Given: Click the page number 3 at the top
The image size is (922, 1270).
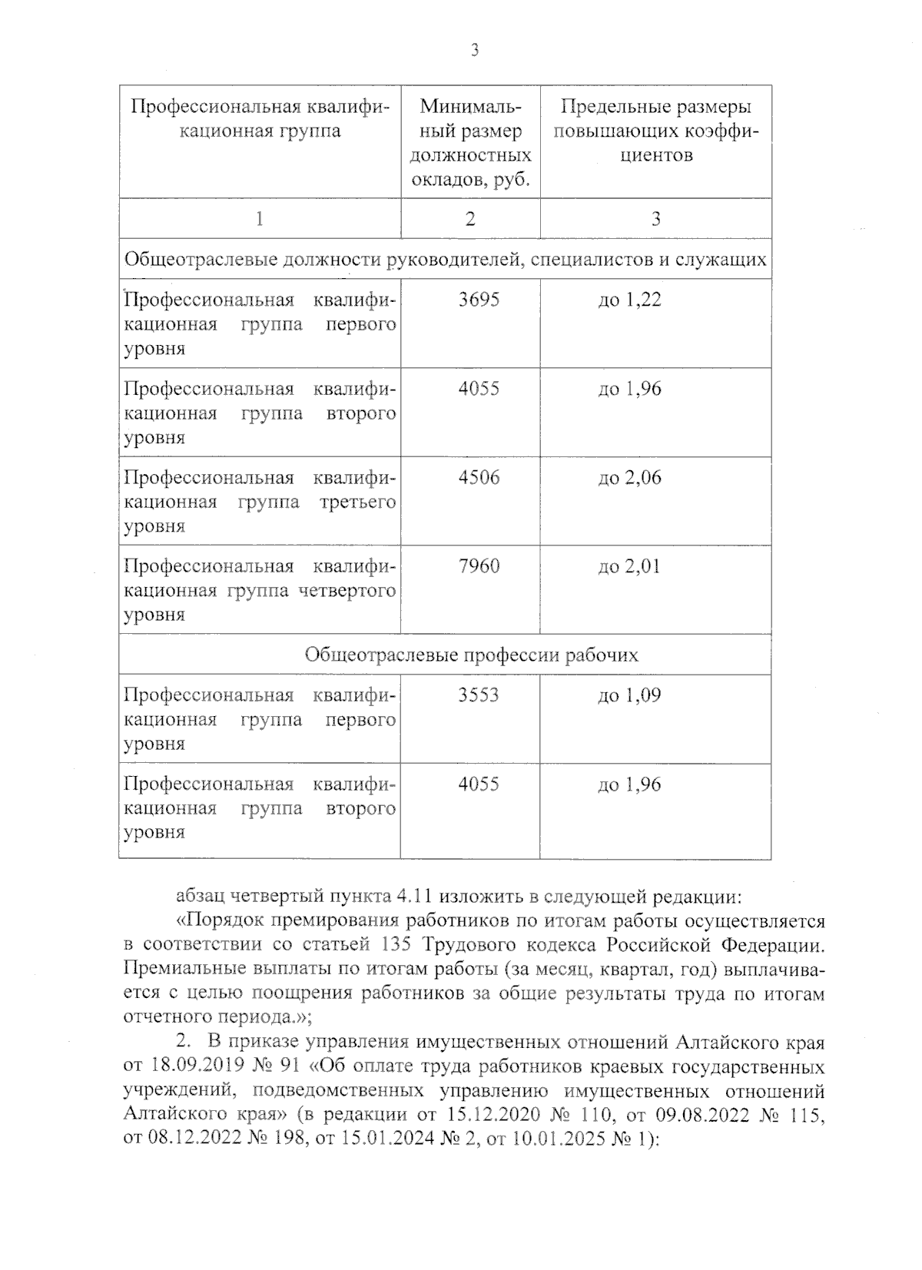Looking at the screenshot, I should (x=474, y=51).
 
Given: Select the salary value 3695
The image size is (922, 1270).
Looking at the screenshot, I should (x=479, y=300).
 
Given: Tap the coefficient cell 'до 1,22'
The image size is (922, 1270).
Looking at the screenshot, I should (x=629, y=300).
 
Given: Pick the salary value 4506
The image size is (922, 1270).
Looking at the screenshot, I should (x=479, y=478).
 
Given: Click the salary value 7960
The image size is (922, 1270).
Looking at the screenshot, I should (x=479, y=567).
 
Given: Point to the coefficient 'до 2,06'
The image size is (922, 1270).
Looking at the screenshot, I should (x=629, y=478).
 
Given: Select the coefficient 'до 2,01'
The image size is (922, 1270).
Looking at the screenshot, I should (x=629, y=567).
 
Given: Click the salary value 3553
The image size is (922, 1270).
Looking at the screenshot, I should (x=479, y=695).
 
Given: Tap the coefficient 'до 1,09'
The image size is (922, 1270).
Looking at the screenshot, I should (x=629, y=695).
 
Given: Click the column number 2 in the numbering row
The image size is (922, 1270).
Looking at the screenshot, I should (x=470, y=219).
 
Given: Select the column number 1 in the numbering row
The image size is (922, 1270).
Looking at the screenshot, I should (x=260, y=219).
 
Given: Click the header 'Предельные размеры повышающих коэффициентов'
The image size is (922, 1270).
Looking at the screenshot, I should (x=655, y=131).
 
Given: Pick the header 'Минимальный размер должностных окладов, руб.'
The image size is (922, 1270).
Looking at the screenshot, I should (x=470, y=143).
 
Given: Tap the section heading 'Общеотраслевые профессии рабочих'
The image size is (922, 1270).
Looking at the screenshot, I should (x=471, y=655).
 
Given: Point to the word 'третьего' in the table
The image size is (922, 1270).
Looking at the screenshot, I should (x=358, y=502).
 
